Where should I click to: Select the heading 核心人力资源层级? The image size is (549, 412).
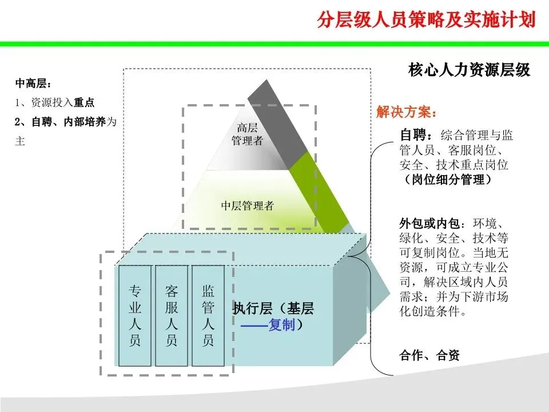tap(469, 70)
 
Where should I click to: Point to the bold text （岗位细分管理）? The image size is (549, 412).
tap(445, 180)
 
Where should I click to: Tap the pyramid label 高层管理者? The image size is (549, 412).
tap(246, 134)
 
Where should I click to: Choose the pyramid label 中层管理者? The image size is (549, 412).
tap(248, 206)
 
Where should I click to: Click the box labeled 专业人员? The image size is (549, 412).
tap(135, 315)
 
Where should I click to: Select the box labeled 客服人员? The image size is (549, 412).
tap(172, 315)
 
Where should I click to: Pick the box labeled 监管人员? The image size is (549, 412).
tap(208, 315)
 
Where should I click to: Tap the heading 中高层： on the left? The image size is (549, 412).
tap(33, 84)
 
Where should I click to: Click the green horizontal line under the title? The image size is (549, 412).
tap(274, 43)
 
